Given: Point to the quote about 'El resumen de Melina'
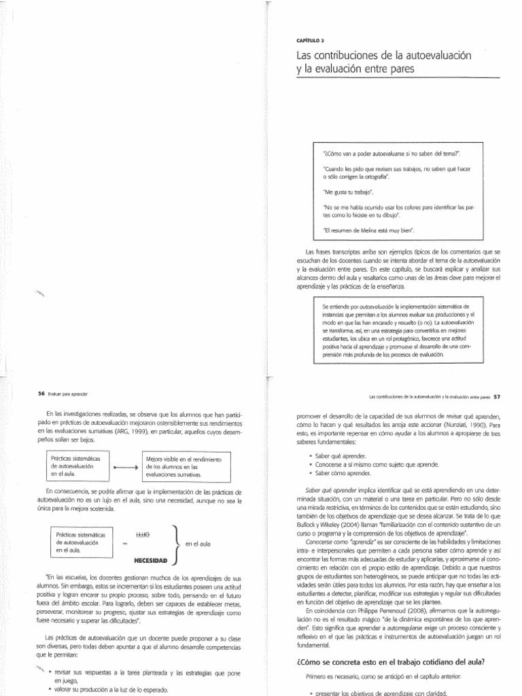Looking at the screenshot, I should [x=364, y=230].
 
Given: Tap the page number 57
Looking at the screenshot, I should [x=497, y=396].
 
